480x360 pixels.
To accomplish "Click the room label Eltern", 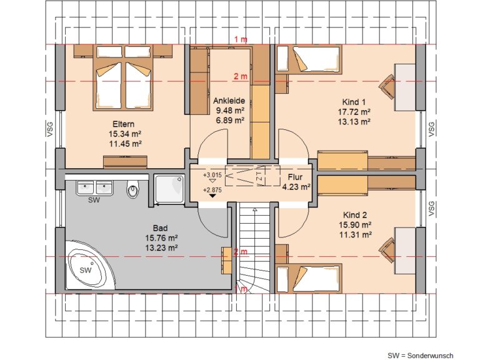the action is click(123, 124).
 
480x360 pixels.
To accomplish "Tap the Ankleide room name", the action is click(229, 101).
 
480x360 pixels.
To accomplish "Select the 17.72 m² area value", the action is click(354, 112).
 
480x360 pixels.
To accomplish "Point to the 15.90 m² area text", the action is click(355, 225).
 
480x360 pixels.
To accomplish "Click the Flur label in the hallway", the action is click(295, 177).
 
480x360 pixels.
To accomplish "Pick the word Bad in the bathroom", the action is click(161, 228).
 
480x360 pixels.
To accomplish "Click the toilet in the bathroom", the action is click(133, 189).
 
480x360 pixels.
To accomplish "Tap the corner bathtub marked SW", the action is click(89, 265).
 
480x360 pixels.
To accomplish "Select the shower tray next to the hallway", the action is click(169, 189).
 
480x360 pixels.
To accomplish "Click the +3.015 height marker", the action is click(212, 175).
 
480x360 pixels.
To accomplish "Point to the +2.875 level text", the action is click(212, 190).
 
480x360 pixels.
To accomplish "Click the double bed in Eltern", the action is click(123, 77).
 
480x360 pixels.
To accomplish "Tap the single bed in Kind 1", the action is click(309, 60).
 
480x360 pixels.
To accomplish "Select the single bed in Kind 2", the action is click(309, 279).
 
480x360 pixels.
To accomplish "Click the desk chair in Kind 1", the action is click(387, 87).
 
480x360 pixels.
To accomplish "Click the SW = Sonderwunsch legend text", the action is click(420, 356).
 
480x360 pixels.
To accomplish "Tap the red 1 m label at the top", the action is click(241, 39).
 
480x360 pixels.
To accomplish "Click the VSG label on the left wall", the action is click(50, 129).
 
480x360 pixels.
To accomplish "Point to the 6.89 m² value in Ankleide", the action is click(230, 120).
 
